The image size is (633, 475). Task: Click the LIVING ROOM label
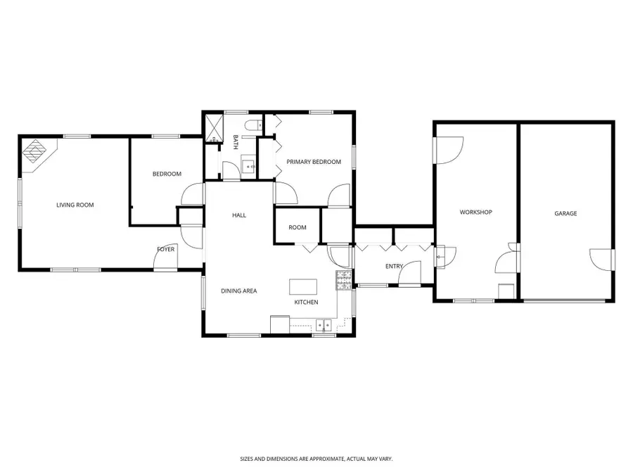[75, 205]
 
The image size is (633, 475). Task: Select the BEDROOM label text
[167, 174]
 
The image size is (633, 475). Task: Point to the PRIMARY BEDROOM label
[313, 162]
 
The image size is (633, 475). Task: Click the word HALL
[239, 215]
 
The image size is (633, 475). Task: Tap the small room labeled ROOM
[298, 227]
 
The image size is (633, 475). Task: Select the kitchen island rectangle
[303, 286]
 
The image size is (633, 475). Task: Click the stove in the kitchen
[343, 280]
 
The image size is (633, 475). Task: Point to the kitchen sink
[324, 325]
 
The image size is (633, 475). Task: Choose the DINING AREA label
[238, 291]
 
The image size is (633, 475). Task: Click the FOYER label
[166, 249]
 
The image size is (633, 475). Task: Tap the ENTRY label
[394, 266]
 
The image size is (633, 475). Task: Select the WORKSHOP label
[475, 212]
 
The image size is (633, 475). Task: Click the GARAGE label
[565, 213]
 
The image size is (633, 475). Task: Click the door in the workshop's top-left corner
[449, 149]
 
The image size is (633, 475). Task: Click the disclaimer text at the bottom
[316, 458]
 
